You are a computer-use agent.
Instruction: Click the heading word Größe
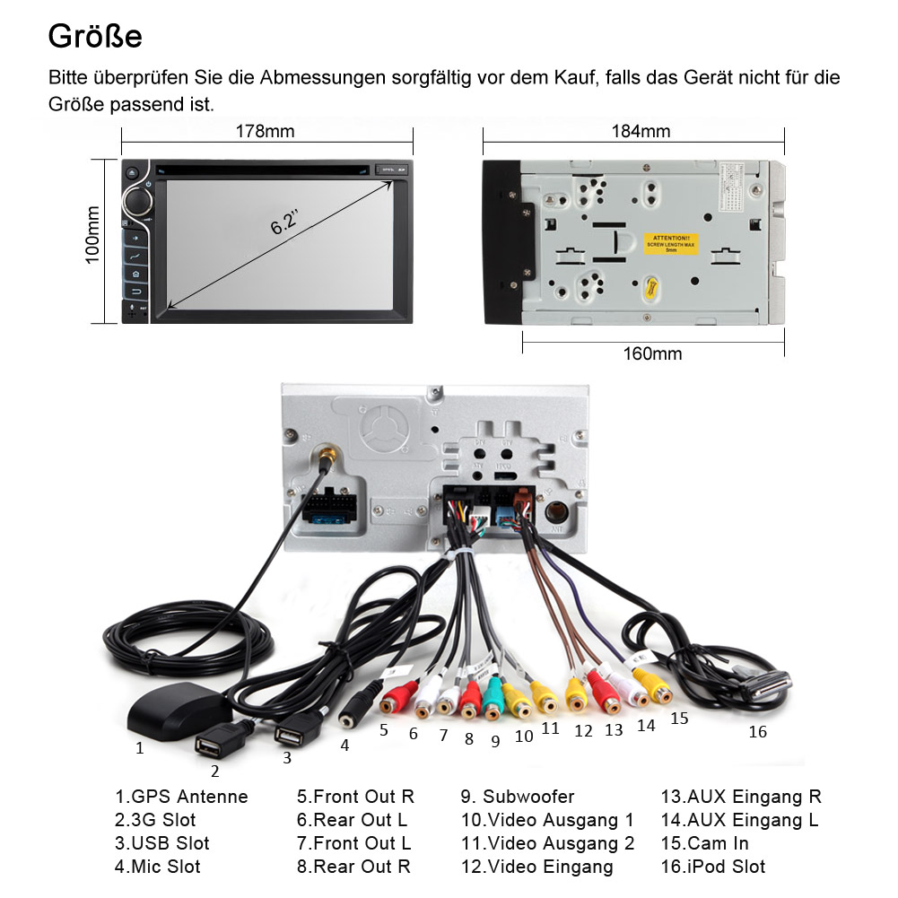[x=95, y=37]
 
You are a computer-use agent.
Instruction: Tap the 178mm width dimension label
[x=266, y=131]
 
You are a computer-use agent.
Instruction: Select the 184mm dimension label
[x=641, y=131]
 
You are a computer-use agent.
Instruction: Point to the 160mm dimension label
[x=652, y=353]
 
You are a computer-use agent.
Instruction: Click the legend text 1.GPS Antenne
[x=181, y=797]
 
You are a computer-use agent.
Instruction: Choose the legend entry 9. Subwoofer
[x=518, y=797]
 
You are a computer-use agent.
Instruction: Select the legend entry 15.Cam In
[x=705, y=843]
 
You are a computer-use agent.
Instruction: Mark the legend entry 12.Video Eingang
[x=537, y=867]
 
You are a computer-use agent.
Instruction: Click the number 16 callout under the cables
[x=758, y=732]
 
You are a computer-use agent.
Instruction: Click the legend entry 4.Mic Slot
[x=158, y=867]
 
